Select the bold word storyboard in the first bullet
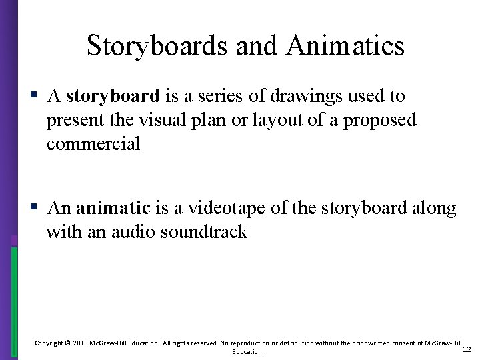pos(113,97)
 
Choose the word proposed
pos(389,121)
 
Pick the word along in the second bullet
pos(435,209)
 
